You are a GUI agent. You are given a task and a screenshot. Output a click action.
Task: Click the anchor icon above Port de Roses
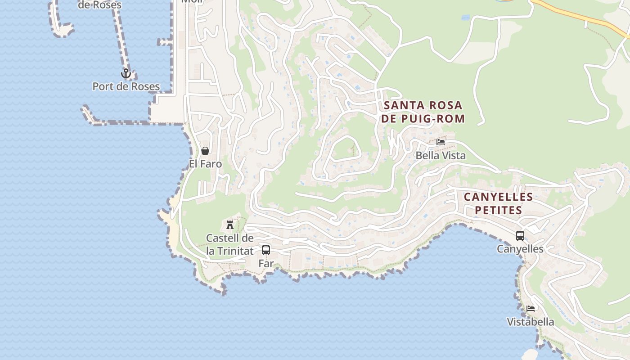click(126, 73)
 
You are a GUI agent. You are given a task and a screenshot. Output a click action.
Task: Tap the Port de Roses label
click(126, 86)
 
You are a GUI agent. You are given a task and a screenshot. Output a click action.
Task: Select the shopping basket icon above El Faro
click(205, 151)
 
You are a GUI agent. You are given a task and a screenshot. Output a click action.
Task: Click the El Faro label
click(205, 164)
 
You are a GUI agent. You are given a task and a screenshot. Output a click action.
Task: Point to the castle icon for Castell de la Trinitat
click(230, 225)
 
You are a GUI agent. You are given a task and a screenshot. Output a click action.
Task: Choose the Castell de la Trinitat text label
click(230, 244)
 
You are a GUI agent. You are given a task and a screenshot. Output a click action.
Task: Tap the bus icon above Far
click(266, 250)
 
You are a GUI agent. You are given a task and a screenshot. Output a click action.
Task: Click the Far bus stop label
click(266, 264)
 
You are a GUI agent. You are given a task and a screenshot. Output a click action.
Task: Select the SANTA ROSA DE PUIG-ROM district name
click(423, 112)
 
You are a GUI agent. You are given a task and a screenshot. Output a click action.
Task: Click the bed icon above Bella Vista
click(441, 142)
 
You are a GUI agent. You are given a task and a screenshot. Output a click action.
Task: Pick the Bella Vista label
click(441, 156)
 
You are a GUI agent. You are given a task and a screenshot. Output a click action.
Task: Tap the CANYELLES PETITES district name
click(499, 203)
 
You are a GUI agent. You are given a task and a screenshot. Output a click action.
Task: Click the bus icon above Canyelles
click(520, 235)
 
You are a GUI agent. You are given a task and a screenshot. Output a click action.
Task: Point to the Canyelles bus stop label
click(520, 249)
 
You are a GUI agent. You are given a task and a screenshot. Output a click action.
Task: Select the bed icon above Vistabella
click(531, 309)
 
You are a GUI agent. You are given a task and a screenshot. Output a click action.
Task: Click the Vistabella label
click(531, 322)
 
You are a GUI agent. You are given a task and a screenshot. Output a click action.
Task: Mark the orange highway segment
click(580, 16)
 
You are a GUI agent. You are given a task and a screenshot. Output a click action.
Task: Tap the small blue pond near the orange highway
click(465, 18)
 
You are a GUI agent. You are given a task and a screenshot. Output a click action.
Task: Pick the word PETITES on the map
click(499, 210)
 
